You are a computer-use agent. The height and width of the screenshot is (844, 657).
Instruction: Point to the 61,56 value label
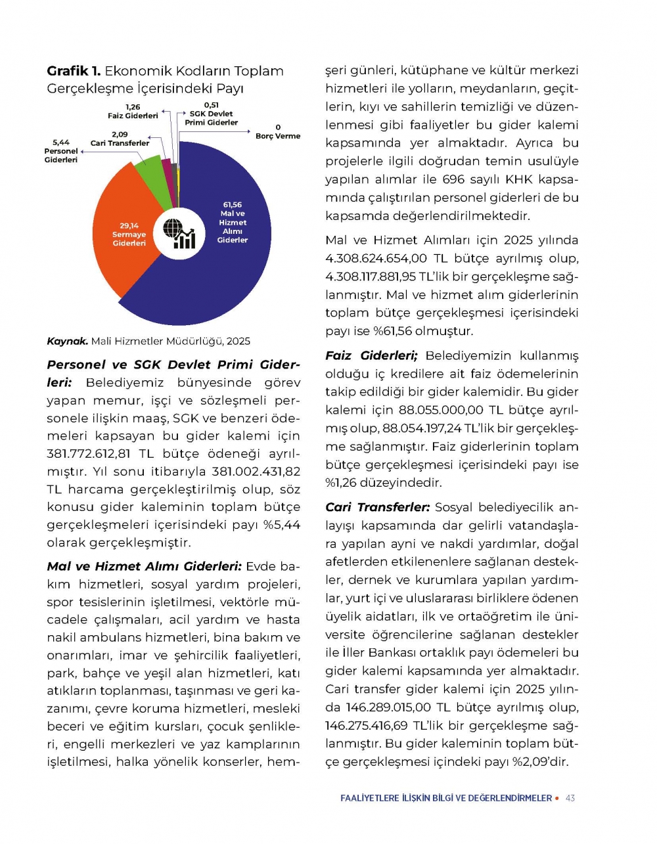click(232, 205)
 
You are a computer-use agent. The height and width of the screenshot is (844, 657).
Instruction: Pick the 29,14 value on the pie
click(129, 226)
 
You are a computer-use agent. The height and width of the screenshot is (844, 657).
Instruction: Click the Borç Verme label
click(277, 136)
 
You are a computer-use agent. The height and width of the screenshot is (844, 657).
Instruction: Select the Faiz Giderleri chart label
click(133, 116)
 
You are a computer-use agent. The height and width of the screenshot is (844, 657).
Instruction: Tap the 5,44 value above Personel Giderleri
click(60, 142)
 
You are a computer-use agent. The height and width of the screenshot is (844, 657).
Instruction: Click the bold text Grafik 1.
click(73, 71)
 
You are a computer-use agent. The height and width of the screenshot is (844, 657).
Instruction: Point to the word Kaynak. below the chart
click(67, 341)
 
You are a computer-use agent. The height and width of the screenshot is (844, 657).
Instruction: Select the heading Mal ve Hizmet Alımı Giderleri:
click(145, 566)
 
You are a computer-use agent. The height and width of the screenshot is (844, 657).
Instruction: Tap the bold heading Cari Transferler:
click(377, 507)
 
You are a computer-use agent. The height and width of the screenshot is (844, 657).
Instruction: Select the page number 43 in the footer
click(570, 798)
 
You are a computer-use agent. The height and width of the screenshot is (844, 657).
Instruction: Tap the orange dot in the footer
click(557, 798)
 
